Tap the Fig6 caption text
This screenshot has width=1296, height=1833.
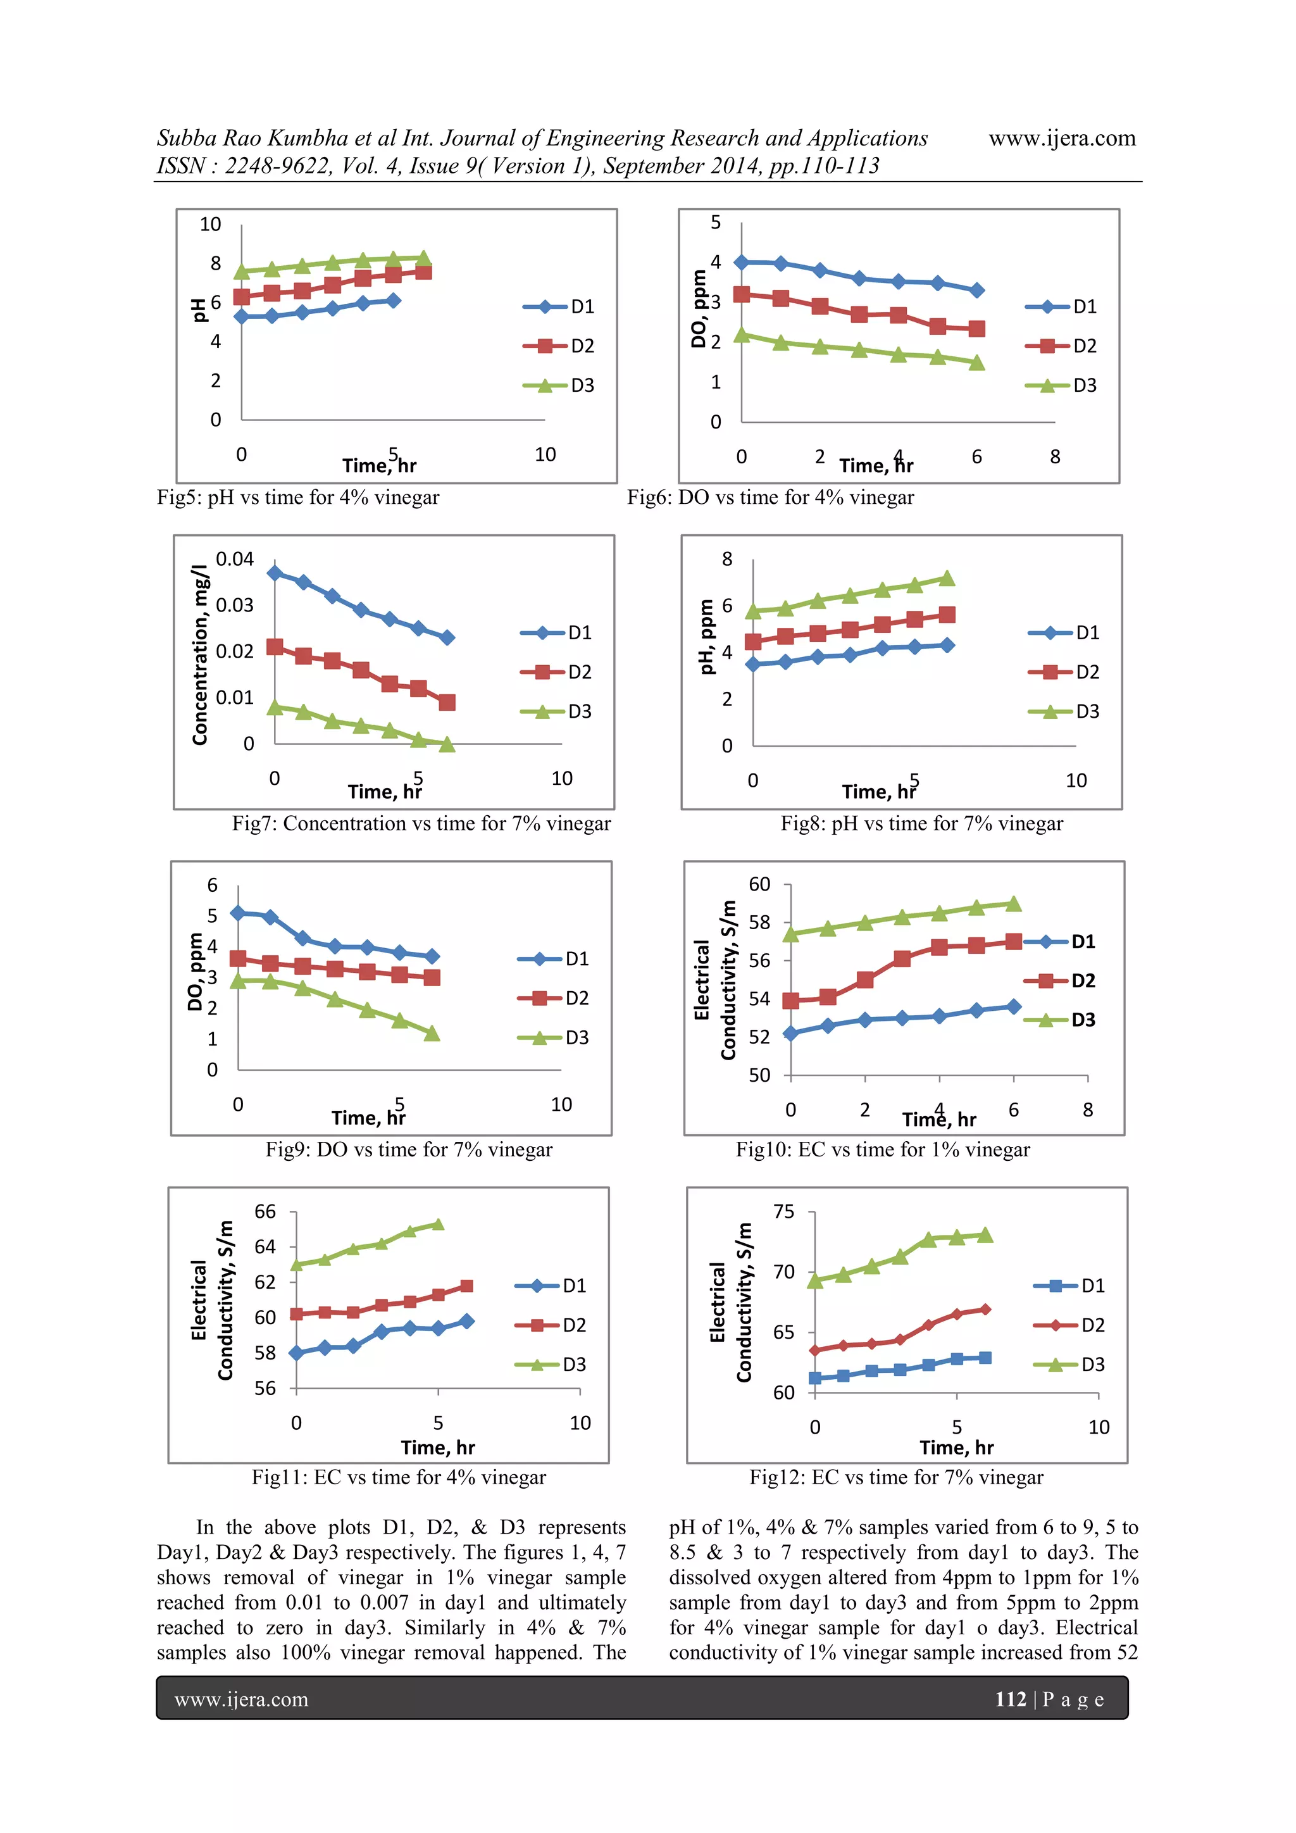pyautogui.click(x=770, y=497)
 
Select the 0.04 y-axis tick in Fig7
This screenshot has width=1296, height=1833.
pyautogui.click(x=235, y=559)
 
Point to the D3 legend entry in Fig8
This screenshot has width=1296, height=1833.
pyautogui.click(x=1066, y=711)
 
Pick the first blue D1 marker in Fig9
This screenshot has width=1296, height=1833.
pyautogui.click(x=238, y=913)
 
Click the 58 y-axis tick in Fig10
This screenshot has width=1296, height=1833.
pyautogui.click(x=759, y=922)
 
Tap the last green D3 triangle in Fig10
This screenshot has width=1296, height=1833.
pyautogui.click(x=1014, y=904)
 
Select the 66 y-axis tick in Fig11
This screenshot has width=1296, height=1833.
pyautogui.click(x=265, y=1212)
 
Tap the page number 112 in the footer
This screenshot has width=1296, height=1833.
pyautogui.click(x=1011, y=1699)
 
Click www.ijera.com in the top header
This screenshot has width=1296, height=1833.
pyautogui.click(x=1061, y=138)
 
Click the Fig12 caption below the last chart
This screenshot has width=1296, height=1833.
pyautogui.click(x=895, y=1478)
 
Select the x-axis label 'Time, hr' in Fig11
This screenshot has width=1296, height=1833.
pyautogui.click(x=437, y=1448)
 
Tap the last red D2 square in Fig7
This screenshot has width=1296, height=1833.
pyautogui.click(x=447, y=703)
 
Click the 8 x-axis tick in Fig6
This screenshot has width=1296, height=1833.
pyautogui.click(x=1055, y=456)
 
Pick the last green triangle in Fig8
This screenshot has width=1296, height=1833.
pyautogui.click(x=947, y=578)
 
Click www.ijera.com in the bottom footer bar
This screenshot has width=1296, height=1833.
pyautogui.click(x=241, y=1699)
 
